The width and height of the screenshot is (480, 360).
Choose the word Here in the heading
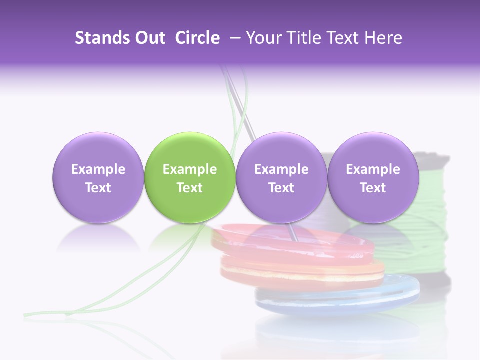click(383, 38)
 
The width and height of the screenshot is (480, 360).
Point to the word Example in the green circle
click(190, 169)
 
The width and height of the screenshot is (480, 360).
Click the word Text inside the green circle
click(190, 188)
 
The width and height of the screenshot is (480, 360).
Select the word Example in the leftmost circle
click(98, 169)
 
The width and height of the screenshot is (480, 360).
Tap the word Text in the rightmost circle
click(373, 188)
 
